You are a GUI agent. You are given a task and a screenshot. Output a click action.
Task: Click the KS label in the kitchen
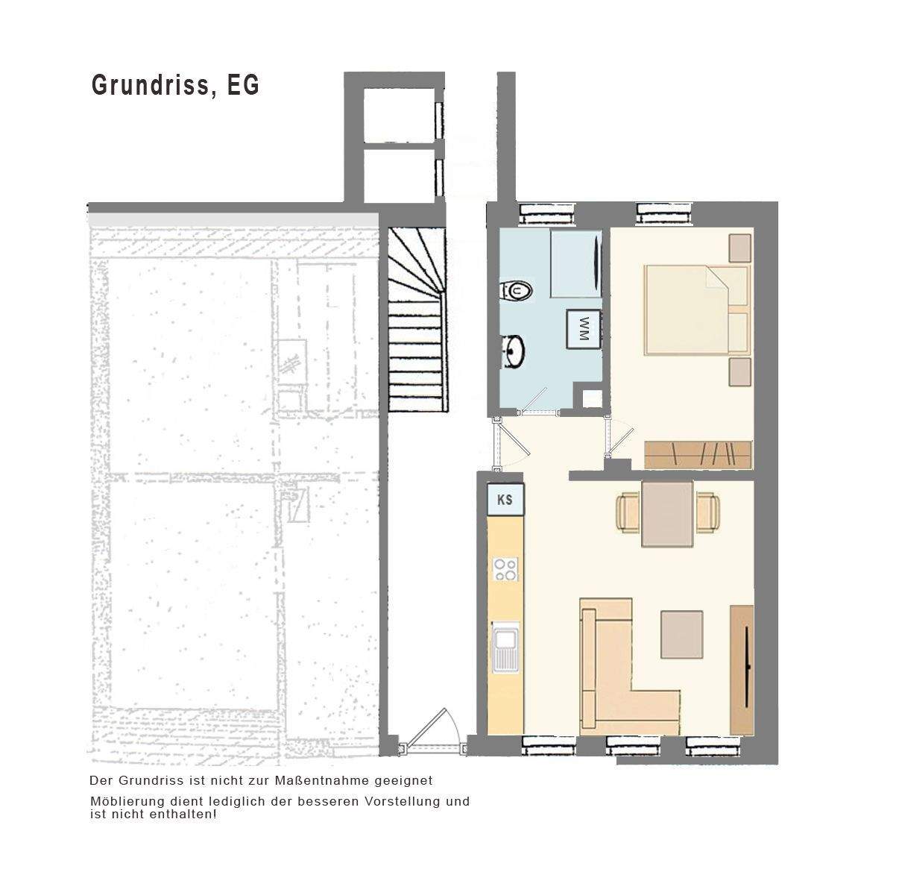(x=505, y=499)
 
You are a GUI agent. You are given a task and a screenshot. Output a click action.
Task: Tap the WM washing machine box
(x=584, y=327)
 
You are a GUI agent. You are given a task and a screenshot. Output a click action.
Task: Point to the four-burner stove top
(x=505, y=570)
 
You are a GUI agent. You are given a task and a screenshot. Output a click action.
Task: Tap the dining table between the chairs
(x=667, y=514)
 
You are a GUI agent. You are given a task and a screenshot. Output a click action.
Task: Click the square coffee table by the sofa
(x=681, y=634)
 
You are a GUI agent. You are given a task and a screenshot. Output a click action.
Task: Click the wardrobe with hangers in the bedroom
(x=698, y=455)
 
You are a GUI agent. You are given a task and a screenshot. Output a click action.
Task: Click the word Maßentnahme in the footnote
(x=318, y=780)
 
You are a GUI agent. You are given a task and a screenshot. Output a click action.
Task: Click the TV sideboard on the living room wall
(x=742, y=669)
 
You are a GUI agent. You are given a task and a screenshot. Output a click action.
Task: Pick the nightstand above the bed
(x=740, y=248)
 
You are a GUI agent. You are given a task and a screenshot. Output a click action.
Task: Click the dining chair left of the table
(x=628, y=512)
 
